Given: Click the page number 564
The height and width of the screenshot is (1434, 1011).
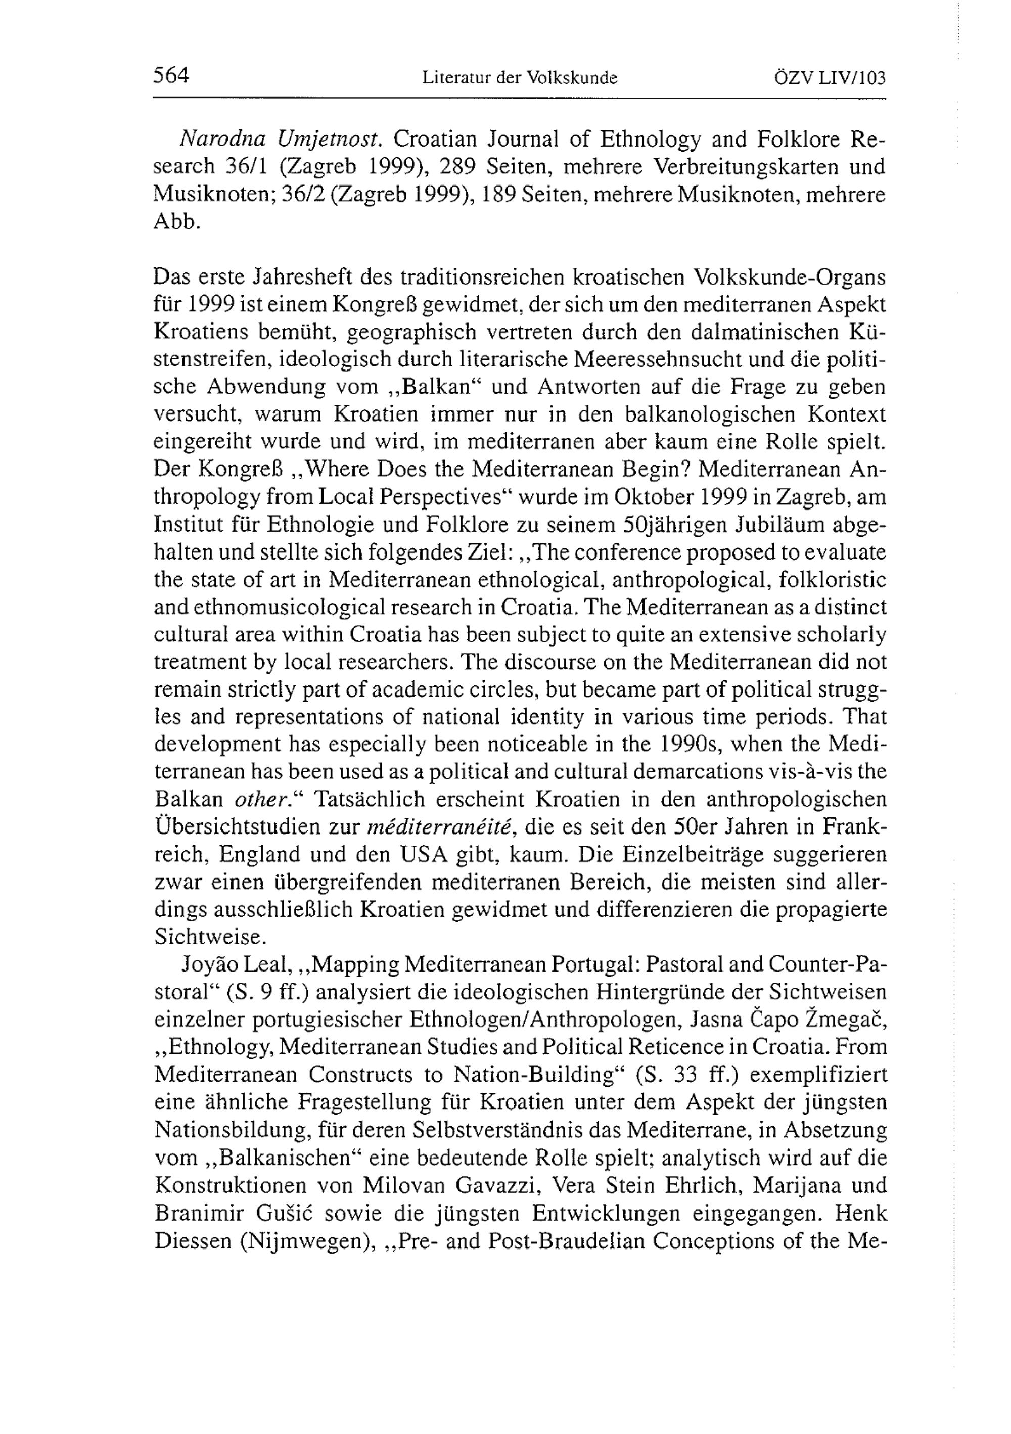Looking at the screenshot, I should (x=170, y=76).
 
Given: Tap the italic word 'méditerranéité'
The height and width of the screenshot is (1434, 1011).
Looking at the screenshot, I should (x=440, y=827).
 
